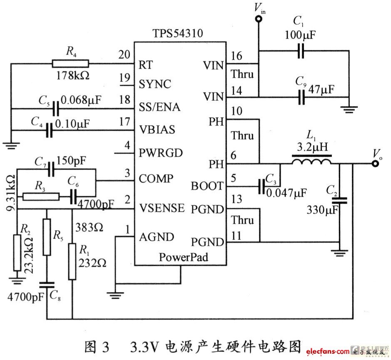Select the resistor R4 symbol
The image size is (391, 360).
coord(70,64)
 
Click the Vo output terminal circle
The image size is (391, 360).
coord(376,163)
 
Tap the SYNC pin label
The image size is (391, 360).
coord(155,84)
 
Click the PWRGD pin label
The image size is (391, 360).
coord(161,153)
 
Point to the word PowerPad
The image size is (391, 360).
coord(183,257)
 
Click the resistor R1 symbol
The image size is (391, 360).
coord(72,262)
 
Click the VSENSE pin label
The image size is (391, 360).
coord(162,208)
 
